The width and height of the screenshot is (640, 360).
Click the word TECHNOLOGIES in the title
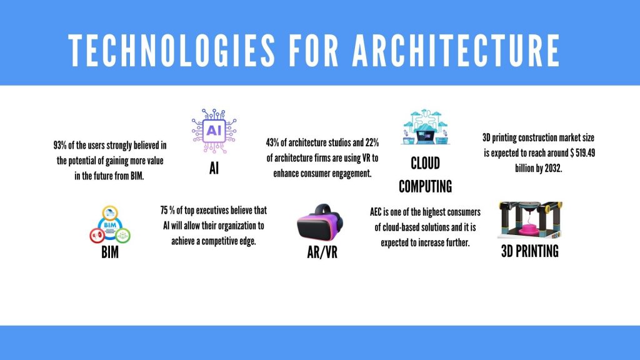click(x=171, y=51)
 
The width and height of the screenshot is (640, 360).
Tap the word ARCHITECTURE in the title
click(x=456, y=51)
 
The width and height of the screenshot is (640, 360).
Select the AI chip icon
click(x=214, y=131)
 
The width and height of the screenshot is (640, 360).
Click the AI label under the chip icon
click(x=214, y=167)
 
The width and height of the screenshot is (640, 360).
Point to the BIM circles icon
click(x=110, y=225)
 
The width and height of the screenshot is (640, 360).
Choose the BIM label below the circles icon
click(x=110, y=252)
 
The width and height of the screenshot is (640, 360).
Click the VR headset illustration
click(x=320, y=222)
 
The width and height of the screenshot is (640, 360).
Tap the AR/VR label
click(x=322, y=252)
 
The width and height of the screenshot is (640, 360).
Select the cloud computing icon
click(x=425, y=126)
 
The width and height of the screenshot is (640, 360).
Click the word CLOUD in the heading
click(x=425, y=163)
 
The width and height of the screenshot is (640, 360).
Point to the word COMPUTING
click(x=425, y=186)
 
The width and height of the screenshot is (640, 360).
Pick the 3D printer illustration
click(x=530, y=220)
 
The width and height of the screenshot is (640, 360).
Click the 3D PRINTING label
click(x=530, y=251)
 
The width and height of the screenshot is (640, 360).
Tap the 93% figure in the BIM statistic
click(x=60, y=145)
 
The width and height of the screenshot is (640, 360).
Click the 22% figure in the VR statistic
click(x=372, y=142)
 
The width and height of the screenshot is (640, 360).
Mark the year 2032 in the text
click(x=552, y=168)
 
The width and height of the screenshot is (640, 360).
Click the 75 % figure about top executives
click(x=167, y=211)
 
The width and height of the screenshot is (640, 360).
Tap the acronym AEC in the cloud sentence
click(x=376, y=212)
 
